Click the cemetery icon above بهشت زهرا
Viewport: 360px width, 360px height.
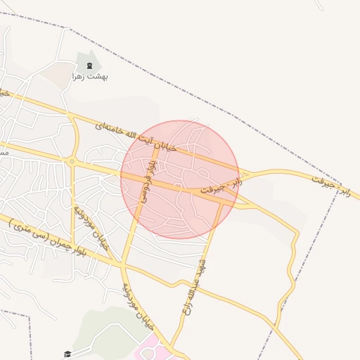tap(89, 65)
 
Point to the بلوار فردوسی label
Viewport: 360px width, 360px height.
tap(147, 180)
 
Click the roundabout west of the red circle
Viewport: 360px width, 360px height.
tap(72, 162)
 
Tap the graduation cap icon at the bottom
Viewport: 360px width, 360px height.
tap(67, 354)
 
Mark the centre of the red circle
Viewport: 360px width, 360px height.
tap(180, 179)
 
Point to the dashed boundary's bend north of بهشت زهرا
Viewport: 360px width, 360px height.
tap(69, 28)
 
